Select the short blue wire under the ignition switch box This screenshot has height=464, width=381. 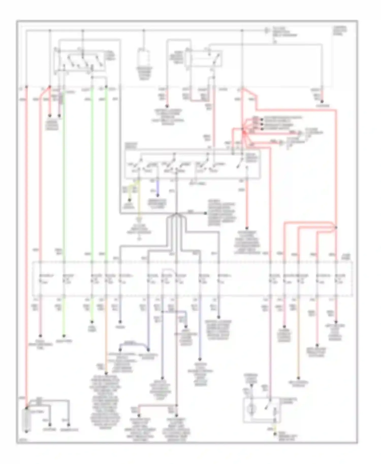158,187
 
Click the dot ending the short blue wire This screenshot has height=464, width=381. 158,195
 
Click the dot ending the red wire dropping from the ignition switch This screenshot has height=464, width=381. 246,228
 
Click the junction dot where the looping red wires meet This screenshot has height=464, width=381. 336,227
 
